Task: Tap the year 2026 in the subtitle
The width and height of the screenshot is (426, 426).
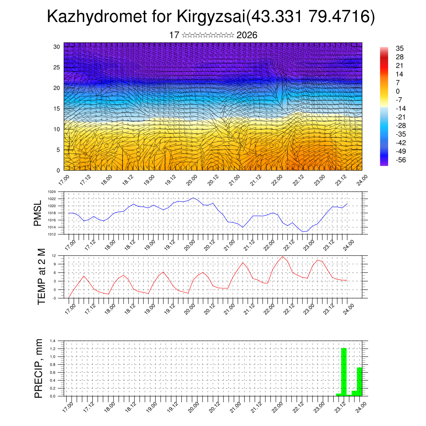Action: pos(247,35)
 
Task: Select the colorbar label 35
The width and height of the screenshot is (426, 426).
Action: pos(400,49)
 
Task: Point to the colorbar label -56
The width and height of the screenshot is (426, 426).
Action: pos(401,160)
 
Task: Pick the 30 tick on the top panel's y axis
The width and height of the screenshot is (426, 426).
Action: pos(57,47)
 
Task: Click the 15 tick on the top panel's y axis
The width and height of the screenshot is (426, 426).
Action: pos(57,109)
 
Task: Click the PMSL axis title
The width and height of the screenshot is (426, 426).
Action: pos(38,213)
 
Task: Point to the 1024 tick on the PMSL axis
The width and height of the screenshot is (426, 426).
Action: pos(52,192)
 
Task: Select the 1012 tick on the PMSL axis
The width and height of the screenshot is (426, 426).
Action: pos(52,234)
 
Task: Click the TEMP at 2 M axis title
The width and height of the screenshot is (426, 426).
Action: pos(41,277)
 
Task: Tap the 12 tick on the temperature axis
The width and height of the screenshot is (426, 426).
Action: pos(54,255)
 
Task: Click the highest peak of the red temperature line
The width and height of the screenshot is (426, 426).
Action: pos(283,256)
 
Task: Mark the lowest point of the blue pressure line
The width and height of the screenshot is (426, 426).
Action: pos(304,231)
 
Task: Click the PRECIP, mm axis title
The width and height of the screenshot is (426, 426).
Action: pos(38,368)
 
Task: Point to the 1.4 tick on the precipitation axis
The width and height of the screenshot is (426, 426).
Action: pos(53,341)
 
